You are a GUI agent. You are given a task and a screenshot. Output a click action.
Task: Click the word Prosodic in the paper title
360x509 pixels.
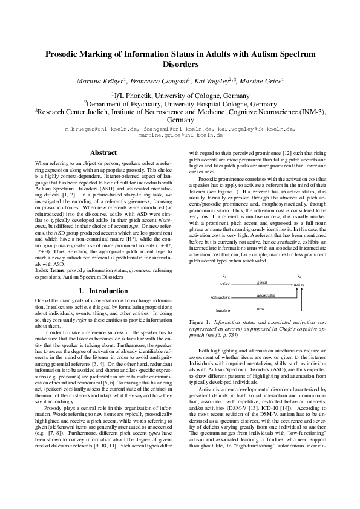[65, 54]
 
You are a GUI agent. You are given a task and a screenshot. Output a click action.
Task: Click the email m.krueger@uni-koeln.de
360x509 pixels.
[102, 129]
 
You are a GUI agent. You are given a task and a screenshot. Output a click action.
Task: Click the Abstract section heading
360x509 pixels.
[103, 153]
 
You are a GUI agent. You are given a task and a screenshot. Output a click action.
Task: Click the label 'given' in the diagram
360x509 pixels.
[262, 282]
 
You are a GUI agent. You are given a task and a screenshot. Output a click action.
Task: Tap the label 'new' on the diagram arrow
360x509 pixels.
[261, 308]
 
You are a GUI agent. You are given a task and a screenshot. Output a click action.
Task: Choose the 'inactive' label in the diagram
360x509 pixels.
[223, 310]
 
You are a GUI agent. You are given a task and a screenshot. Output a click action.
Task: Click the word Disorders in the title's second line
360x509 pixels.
[180, 64]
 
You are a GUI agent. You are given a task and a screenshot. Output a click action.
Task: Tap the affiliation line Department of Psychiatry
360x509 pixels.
[180, 103]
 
